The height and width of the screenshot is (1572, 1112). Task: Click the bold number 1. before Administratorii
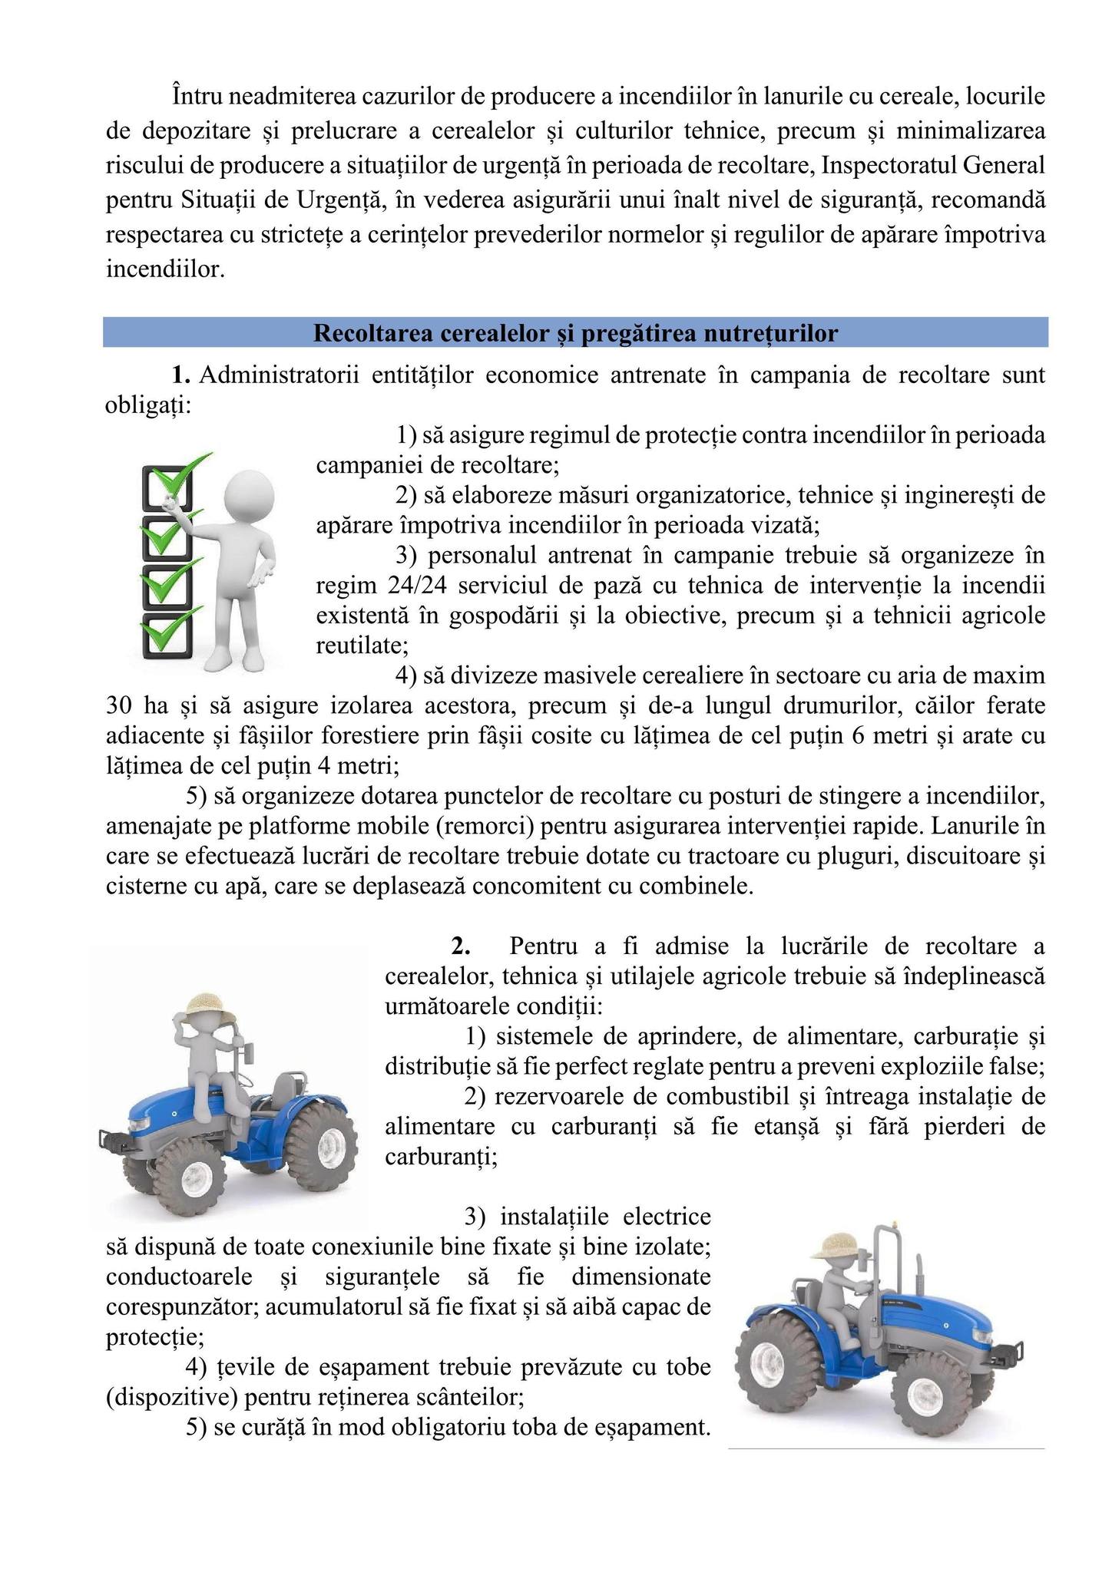pos(180,375)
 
